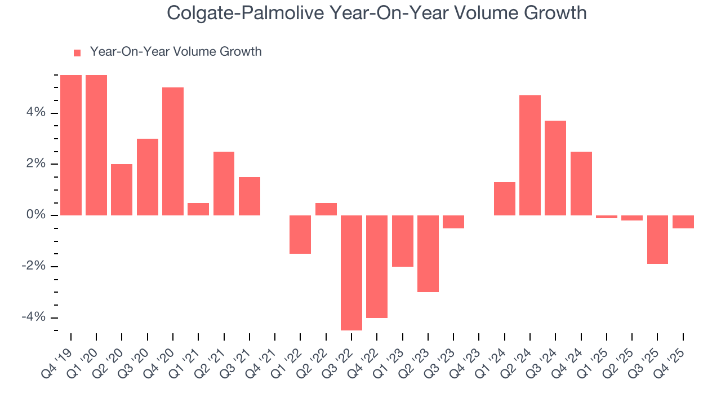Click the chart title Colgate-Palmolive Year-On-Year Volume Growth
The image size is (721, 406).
(x=376, y=13)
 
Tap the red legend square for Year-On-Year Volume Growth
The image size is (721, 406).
(x=77, y=52)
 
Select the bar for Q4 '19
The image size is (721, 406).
(x=71, y=145)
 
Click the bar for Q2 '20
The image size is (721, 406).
(x=122, y=189)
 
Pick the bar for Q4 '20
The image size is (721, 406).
(x=173, y=151)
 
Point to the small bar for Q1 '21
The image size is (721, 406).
(x=198, y=209)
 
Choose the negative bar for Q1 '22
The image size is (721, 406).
(x=300, y=235)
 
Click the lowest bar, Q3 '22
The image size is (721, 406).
(x=351, y=273)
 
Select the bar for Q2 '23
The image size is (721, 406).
(x=428, y=254)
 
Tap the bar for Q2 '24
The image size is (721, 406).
(x=530, y=155)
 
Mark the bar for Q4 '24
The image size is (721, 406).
(x=581, y=183)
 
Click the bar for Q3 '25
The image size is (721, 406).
(x=657, y=240)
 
